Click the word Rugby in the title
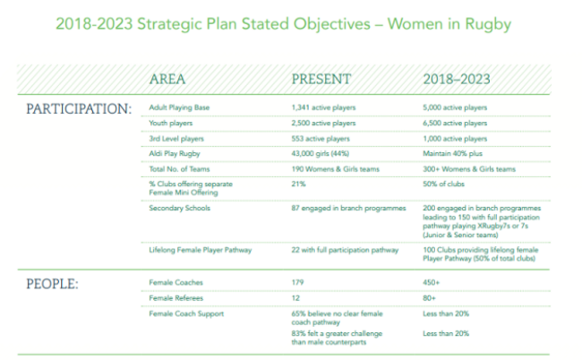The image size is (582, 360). point(488,24)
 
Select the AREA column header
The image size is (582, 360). point(167,79)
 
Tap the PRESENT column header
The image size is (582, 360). point(321,79)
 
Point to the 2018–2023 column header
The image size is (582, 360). point(457,79)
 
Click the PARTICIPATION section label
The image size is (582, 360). point(79,108)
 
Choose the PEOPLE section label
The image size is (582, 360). point(52,284)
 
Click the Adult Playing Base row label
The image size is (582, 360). point(179,107)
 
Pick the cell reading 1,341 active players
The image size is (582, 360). point(323,107)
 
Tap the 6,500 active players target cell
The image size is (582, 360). point(455,124)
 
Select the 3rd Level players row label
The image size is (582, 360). point(176,139)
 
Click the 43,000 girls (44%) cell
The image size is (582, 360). point(320,154)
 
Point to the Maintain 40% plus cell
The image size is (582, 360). point(452,154)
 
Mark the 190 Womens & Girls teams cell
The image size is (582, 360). point(335,169)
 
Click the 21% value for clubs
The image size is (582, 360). point(298,184)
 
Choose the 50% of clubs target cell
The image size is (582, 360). point(443,184)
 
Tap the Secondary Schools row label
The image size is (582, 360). point(180,208)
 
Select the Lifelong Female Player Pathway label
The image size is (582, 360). point(201,250)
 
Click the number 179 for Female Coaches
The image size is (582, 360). point(297,282)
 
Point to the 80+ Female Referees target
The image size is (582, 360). point(429,298)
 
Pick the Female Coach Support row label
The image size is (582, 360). point(186,314)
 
